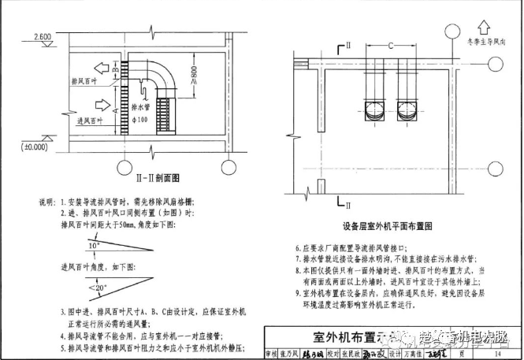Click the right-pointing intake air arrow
102,105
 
